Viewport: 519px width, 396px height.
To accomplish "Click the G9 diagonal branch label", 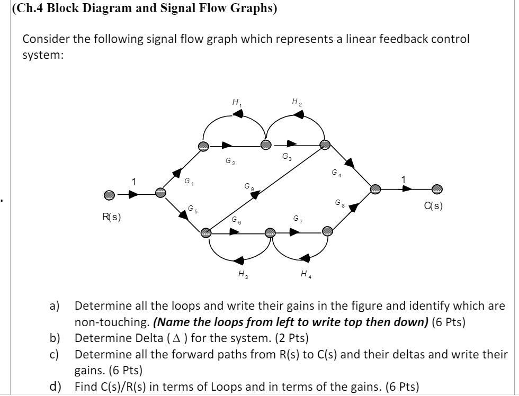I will pos(248,186).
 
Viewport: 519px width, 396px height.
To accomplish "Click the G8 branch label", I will pos(339,203).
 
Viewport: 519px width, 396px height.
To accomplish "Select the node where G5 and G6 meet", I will pos(205,231).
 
